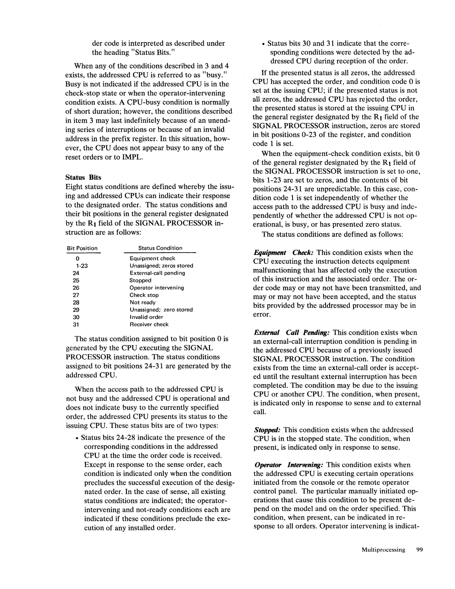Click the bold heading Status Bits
[x=83, y=178]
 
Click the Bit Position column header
[x=82, y=248]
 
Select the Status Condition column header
[x=160, y=248]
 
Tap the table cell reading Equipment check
[x=152, y=258]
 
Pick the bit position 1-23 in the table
[x=82, y=266]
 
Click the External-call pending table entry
[x=157, y=273]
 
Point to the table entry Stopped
[x=140, y=281]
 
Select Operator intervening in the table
[x=157, y=288]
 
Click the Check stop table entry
[x=144, y=295]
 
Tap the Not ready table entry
[x=142, y=303]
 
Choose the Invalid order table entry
[x=146, y=317]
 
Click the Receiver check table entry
[x=149, y=324]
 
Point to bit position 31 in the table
[x=76, y=324]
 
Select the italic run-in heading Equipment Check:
[x=283, y=253]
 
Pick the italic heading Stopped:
[x=267, y=430]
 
